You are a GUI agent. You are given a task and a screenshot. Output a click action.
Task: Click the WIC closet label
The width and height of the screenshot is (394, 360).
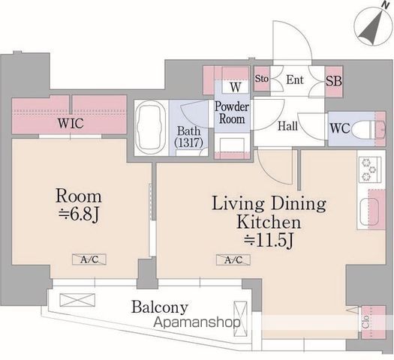pos(71,123)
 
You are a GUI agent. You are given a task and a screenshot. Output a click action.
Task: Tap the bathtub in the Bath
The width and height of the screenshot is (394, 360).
pos(150,127)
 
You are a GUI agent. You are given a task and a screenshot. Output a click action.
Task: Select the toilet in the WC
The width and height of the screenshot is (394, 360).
pos(368,129)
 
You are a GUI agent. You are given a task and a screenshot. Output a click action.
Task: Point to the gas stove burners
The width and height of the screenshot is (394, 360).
pos(369,169)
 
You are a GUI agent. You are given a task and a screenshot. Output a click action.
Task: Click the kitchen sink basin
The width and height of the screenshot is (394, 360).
pos(369,211)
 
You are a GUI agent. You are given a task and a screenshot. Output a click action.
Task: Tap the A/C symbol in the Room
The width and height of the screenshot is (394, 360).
pos(89,259)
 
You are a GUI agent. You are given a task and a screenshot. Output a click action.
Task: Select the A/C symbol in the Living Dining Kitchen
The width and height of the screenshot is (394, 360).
pos(233,259)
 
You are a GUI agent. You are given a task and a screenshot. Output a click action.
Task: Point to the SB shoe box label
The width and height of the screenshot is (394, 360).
pos(334,81)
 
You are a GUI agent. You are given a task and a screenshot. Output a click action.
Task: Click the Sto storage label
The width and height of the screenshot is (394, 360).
pos(262,79)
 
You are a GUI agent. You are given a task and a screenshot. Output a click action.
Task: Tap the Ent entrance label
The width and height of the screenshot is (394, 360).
pos(295,79)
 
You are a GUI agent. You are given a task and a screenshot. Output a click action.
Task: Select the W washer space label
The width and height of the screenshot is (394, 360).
pos(236,87)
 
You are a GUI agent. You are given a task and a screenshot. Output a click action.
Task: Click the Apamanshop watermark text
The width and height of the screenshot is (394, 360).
pos(197,322)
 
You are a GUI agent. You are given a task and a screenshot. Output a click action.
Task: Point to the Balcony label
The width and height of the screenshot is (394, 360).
pos(160,307)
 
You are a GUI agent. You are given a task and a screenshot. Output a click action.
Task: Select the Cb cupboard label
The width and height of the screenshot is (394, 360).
pos(365,322)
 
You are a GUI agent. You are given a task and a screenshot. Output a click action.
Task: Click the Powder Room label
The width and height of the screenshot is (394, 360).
pos(232,112)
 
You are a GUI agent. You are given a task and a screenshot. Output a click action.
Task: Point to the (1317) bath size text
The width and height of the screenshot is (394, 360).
pos(188,142)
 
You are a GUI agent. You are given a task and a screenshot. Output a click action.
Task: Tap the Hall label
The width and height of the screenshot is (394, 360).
pos(287,126)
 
